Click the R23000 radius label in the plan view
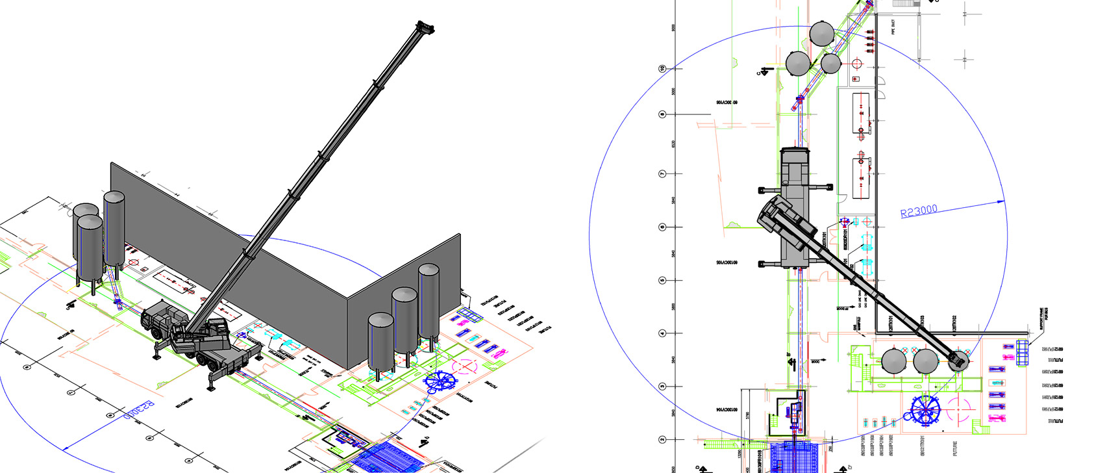919,211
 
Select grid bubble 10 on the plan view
662,68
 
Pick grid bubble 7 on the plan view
662,174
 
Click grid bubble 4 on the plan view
662,333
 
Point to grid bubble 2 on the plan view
662,440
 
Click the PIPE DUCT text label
893,27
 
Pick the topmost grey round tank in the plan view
822,34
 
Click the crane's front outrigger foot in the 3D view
211,389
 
